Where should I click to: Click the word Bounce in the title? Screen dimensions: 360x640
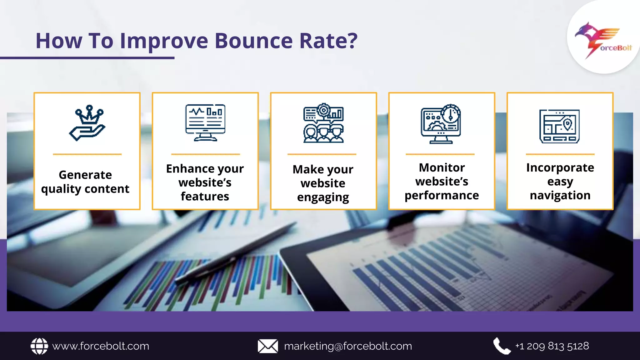(x=254, y=41)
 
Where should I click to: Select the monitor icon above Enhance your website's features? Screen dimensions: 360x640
(x=205, y=123)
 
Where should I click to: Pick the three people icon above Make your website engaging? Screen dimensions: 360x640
(x=323, y=123)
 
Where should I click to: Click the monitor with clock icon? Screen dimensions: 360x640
(x=441, y=124)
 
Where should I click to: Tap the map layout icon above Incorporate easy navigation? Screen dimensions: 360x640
(x=559, y=126)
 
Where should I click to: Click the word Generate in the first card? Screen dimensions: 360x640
(x=85, y=175)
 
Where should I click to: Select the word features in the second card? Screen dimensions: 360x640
(x=205, y=196)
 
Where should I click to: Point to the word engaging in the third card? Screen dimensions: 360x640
(x=323, y=197)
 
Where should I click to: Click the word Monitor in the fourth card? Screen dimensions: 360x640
(x=442, y=168)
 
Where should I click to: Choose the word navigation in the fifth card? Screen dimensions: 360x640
(x=560, y=195)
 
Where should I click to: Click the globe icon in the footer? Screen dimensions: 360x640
(x=39, y=346)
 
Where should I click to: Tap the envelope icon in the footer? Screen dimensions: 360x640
(x=268, y=346)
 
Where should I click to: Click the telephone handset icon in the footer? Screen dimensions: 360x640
(x=502, y=346)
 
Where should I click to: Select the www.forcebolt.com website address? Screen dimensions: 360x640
(x=101, y=346)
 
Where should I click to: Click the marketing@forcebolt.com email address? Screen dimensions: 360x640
(x=348, y=346)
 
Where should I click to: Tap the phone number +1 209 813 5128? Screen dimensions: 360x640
(x=552, y=346)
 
